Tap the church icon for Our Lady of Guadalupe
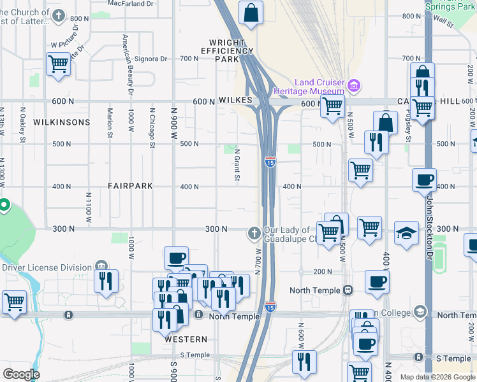[254, 234]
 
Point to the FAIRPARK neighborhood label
[130, 186]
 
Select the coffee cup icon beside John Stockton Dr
[424, 180]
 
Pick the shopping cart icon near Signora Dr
[58, 64]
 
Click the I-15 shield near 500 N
[270, 162]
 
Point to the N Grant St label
[237, 165]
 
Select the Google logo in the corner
[21, 374]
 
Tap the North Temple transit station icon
[348, 290]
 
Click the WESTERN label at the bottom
[186, 339]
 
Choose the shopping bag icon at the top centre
[251, 12]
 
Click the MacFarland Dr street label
[131, 3]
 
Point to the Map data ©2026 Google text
[437, 377]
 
